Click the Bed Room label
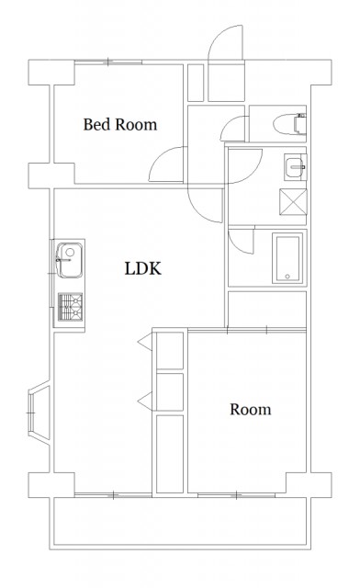120,125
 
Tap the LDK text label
143,269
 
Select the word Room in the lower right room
251,410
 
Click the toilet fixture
289,124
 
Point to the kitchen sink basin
70,260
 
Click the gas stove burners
70,307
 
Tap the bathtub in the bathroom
287,258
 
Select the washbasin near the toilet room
295,167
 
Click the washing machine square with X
293,202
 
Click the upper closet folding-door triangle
145,342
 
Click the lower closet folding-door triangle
145,401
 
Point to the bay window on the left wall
39,413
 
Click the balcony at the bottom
180,523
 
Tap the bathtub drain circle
287,277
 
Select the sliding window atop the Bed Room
108,62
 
